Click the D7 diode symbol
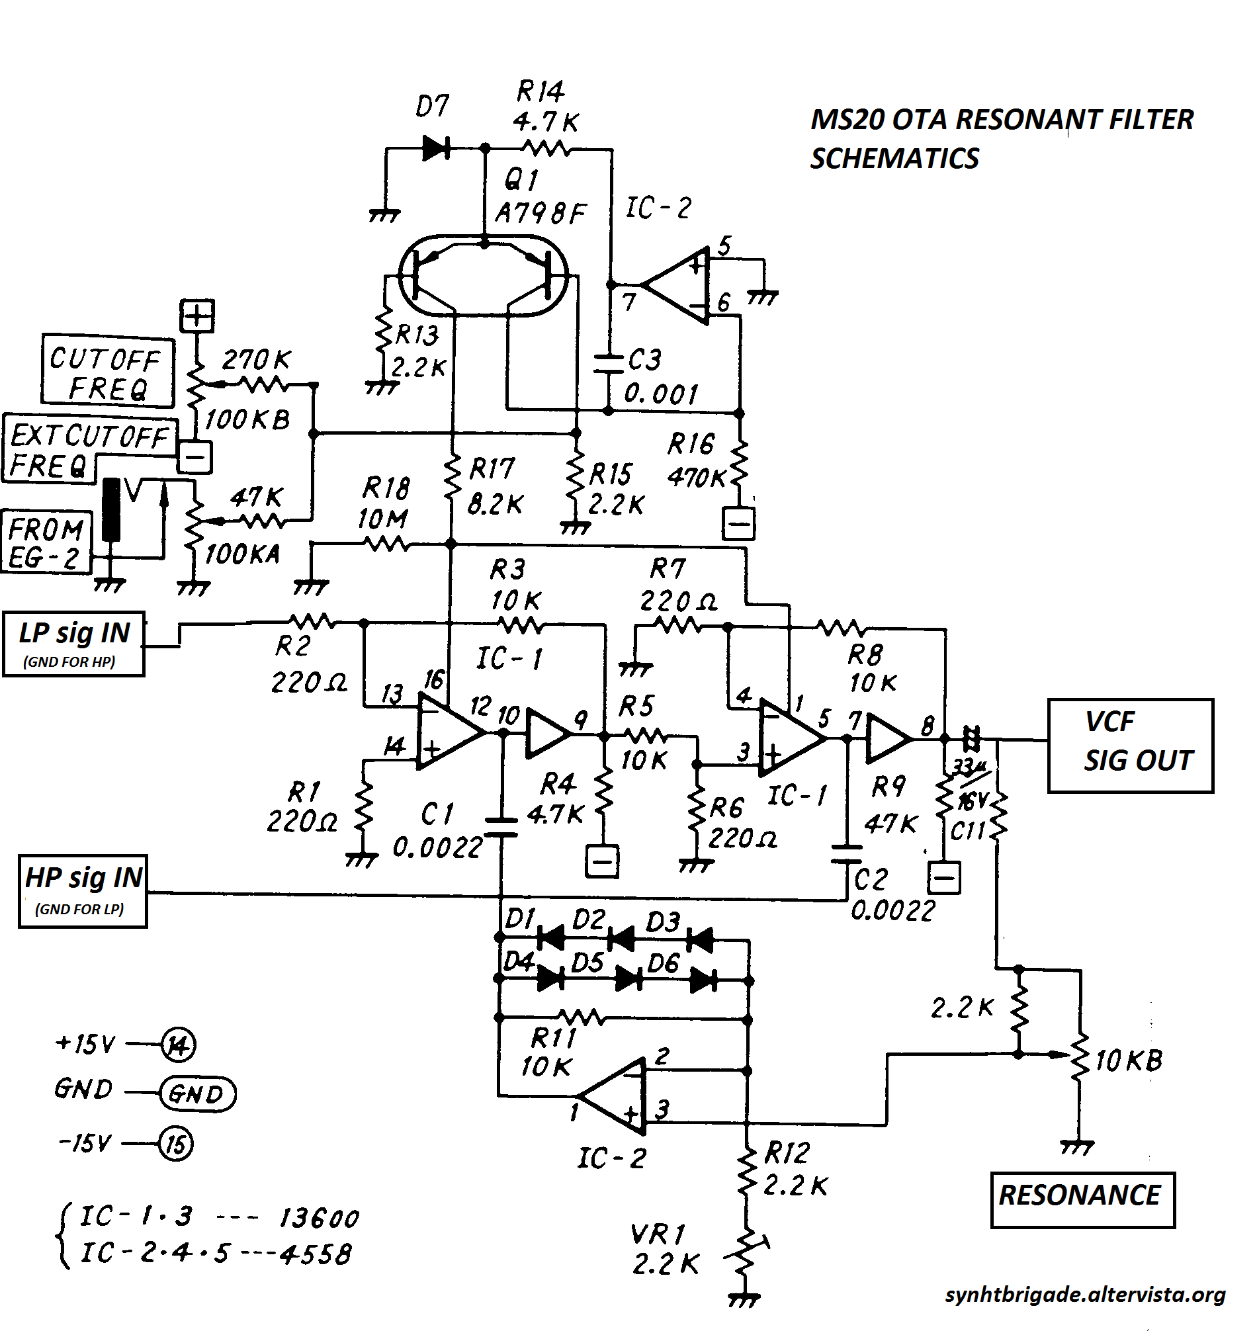436,148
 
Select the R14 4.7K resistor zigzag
546,148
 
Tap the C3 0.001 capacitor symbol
609,363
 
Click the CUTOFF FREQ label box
107,372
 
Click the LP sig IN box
73,644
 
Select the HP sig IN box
83,891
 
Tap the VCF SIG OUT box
1131,746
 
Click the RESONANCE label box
1082,1200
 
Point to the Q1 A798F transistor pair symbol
482,275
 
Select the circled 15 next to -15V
175,1143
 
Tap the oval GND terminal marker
197,1094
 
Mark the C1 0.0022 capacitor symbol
501,827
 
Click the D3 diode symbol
700,941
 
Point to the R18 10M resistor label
385,503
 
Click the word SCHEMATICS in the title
894,159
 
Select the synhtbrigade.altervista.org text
1086,1295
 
